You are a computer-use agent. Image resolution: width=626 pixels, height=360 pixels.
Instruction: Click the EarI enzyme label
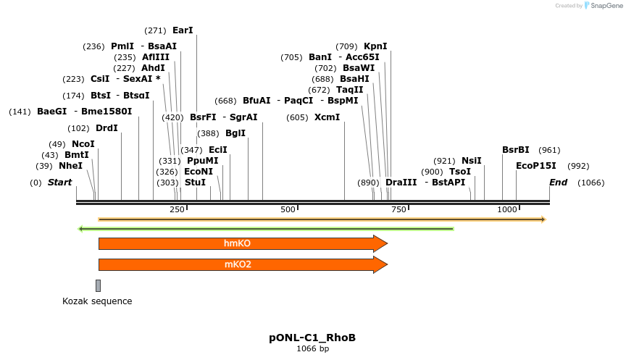click(183, 31)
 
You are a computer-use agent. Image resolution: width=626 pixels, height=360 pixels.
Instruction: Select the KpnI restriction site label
click(375, 46)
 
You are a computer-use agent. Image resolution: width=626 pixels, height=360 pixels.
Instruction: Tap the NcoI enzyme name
click(83, 144)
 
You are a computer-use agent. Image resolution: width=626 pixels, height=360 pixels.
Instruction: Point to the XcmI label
click(327, 117)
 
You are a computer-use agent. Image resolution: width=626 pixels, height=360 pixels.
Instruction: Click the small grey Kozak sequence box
click(98, 285)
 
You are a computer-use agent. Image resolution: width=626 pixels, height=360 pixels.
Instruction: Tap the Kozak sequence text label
click(97, 301)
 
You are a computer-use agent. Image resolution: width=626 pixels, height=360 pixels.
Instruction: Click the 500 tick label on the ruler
click(288, 209)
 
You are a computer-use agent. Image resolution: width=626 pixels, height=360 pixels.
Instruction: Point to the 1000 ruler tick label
click(506, 209)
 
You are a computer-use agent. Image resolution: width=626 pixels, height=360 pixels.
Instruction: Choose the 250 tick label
click(177, 209)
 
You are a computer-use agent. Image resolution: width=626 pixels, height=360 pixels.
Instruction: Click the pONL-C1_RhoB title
click(312, 338)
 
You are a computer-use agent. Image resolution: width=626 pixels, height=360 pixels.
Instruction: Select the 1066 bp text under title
click(312, 349)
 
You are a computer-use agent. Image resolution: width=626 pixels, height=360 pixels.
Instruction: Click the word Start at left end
click(59, 183)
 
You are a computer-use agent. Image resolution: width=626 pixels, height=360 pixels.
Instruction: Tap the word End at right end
click(558, 183)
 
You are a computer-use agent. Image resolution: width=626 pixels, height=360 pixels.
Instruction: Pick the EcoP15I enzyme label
click(536, 166)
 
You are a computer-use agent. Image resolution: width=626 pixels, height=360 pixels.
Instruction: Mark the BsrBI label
click(516, 150)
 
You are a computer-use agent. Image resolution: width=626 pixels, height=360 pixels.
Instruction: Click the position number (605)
click(297, 117)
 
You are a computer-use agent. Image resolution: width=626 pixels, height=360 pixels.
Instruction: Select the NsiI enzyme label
click(471, 161)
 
